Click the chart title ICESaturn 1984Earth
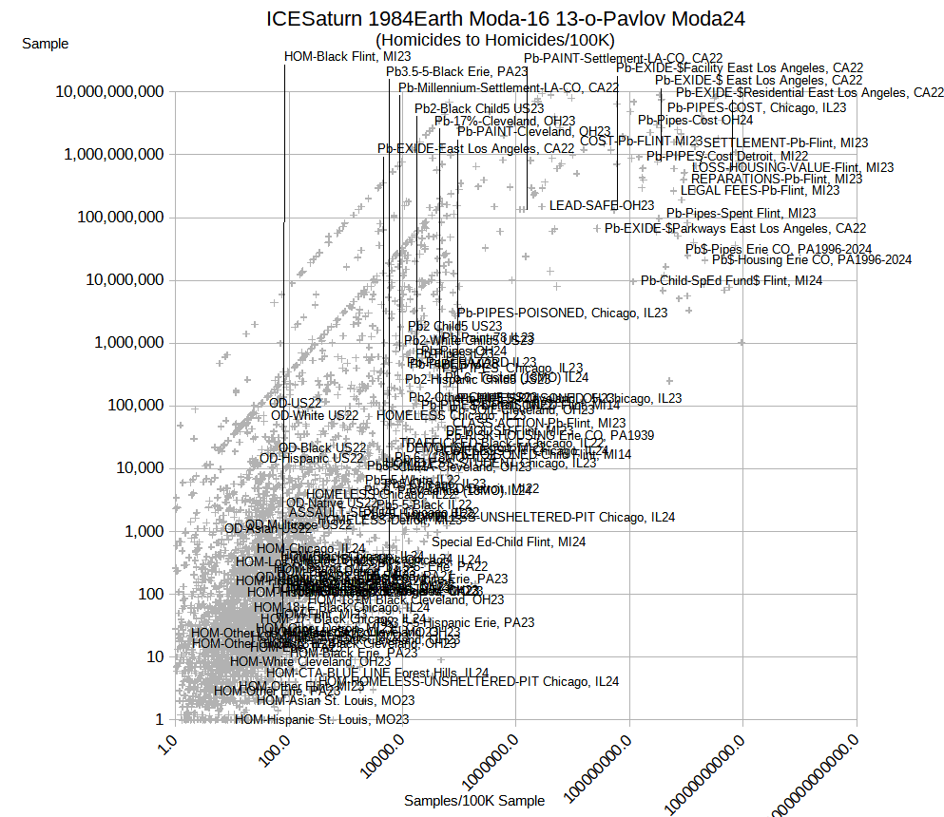click(505, 18)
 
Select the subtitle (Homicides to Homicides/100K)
click(495, 40)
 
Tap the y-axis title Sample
click(45, 44)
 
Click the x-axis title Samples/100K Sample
click(474, 801)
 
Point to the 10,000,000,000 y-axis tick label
click(110, 92)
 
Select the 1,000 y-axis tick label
click(145, 531)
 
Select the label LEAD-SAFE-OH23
click(602, 205)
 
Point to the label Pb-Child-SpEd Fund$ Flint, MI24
click(731, 280)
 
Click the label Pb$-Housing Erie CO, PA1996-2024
click(812, 259)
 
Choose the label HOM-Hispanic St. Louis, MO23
click(321, 719)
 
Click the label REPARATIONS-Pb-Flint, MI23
click(777, 179)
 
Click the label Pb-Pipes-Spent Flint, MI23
click(741, 213)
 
